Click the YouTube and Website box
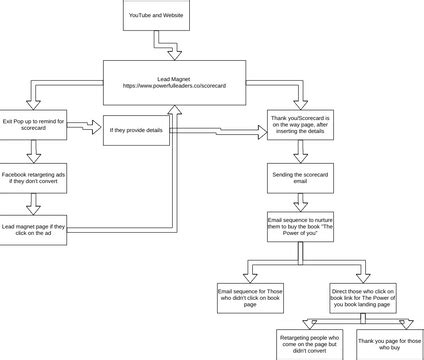coord(156,18)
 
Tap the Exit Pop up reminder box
coord(34,126)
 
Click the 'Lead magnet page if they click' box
coord(34,228)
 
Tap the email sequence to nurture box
coord(301,227)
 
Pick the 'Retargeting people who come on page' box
coord(309,344)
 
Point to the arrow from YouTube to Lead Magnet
coord(156,47)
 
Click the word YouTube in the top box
coord(140,18)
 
